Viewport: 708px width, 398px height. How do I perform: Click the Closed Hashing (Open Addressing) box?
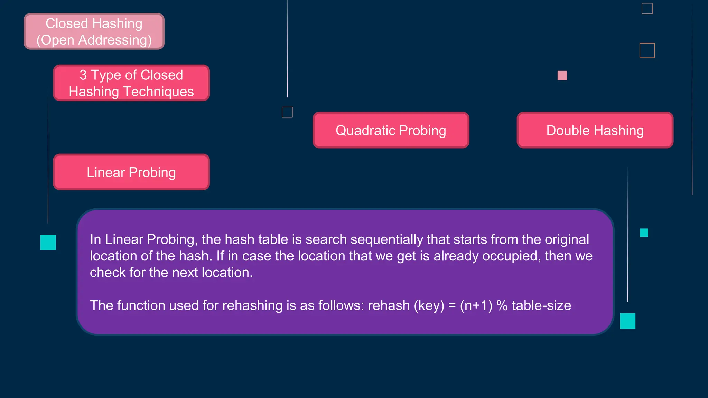[x=94, y=31]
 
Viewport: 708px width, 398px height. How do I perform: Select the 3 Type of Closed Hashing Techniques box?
[x=131, y=83]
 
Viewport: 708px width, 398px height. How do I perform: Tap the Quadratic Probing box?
[x=391, y=130]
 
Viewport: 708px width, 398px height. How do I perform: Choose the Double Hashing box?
[x=595, y=130]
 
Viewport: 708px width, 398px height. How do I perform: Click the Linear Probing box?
[x=131, y=172]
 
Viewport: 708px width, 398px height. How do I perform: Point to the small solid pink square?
[x=562, y=75]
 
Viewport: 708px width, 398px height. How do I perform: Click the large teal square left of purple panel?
[x=48, y=242]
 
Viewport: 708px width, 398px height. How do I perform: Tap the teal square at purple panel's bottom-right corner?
[x=627, y=321]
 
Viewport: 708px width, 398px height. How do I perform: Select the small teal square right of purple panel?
[x=644, y=233]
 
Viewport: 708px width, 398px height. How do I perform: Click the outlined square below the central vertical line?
[x=287, y=112]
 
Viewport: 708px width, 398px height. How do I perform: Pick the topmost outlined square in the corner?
[x=647, y=9]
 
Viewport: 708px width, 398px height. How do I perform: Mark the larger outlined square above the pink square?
[x=647, y=50]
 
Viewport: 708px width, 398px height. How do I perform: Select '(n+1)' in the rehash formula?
[x=476, y=305]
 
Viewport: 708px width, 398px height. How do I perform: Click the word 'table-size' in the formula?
[x=541, y=305]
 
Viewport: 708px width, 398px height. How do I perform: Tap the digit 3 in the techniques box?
[x=83, y=75]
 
